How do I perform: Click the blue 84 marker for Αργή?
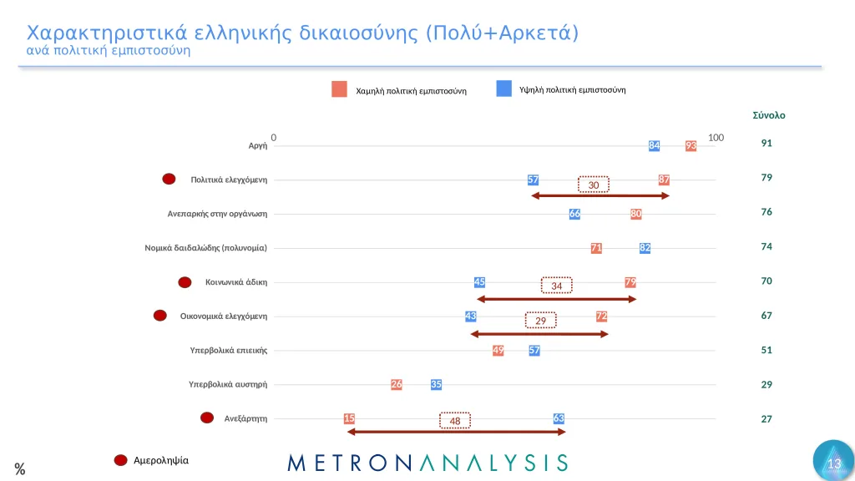click(655, 146)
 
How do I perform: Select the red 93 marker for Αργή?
click(691, 146)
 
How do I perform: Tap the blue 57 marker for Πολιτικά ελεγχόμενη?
click(533, 180)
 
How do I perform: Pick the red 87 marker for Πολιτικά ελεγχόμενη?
click(664, 180)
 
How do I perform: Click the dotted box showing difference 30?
click(594, 185)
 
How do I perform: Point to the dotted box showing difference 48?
click(455, 421)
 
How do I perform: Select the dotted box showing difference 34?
click(557, 286)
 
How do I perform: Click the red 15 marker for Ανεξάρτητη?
click(349, 418)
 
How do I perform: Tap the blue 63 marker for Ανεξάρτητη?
click(559, 418)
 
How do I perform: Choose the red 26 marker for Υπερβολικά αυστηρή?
click(397, 384)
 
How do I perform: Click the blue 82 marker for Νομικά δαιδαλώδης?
click(645, 248)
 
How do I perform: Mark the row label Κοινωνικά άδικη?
click(236, 282)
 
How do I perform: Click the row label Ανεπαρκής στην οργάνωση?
click(217, 214)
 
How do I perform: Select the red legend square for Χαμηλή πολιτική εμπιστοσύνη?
click(339, 89)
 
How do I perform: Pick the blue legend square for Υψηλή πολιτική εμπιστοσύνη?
click(503, 89)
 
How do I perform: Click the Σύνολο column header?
click(768, 115)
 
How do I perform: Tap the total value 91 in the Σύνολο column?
click(766, 144)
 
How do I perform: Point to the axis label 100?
click(715, 137)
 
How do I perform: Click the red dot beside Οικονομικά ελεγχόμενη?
click(160, 316)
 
